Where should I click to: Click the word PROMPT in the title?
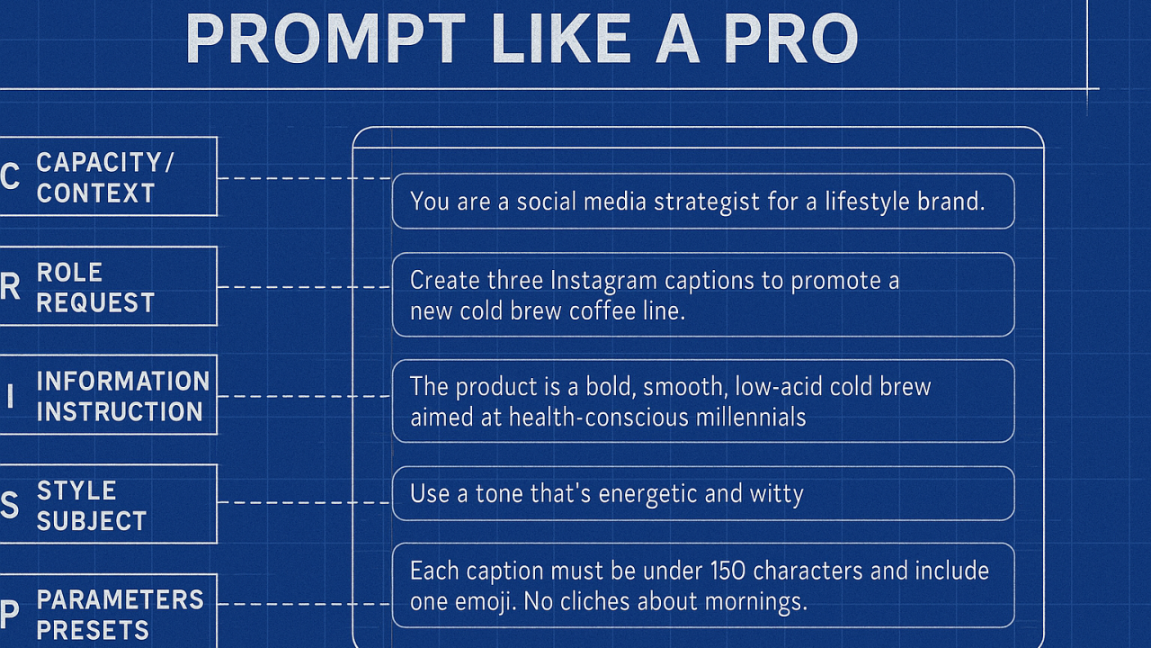326,39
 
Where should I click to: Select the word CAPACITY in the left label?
99,163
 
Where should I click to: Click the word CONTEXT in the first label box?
95,193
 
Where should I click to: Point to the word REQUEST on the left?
95,302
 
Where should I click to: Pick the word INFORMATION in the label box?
123,381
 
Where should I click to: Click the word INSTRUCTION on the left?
120,411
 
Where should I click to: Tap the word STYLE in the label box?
76,490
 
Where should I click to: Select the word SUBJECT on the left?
92,520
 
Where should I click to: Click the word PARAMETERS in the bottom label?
120,599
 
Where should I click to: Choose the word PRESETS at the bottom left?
93,630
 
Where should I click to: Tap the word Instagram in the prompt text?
603,282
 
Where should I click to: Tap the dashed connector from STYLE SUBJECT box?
304,502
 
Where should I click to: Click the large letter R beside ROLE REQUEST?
10,286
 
